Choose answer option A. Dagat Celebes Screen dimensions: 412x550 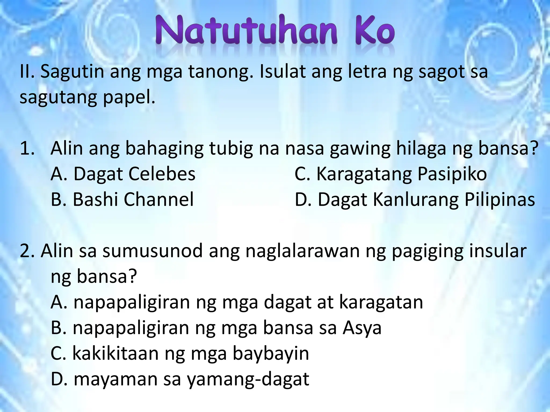pyautogui.click(x=123, y=174)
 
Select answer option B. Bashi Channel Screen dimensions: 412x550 pyautogui.click(x=122, y=200)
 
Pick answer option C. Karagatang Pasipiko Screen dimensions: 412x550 pyautogui.click(x=391, y=174)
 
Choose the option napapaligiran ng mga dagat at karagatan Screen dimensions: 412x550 pyautogui.click(x=237, y=302)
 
